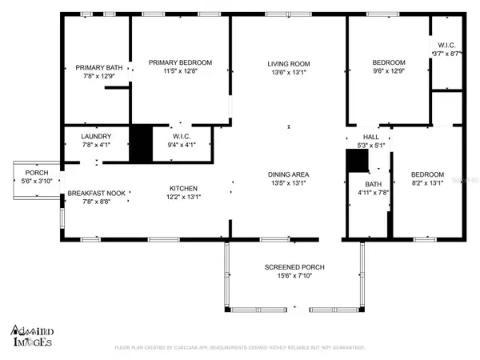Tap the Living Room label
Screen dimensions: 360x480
pos(288,64)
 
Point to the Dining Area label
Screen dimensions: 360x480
pos(288,174)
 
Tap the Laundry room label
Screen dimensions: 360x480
pos(95,137)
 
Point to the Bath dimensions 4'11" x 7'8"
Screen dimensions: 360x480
pos(373,192)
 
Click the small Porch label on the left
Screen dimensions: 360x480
pos(37,173)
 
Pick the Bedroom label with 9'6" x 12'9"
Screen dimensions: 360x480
pos(389,62)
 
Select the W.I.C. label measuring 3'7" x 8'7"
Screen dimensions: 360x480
pos(446,44)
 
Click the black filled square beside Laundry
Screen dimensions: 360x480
pos(141,144)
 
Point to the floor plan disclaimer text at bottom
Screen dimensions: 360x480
pos(240,347)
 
